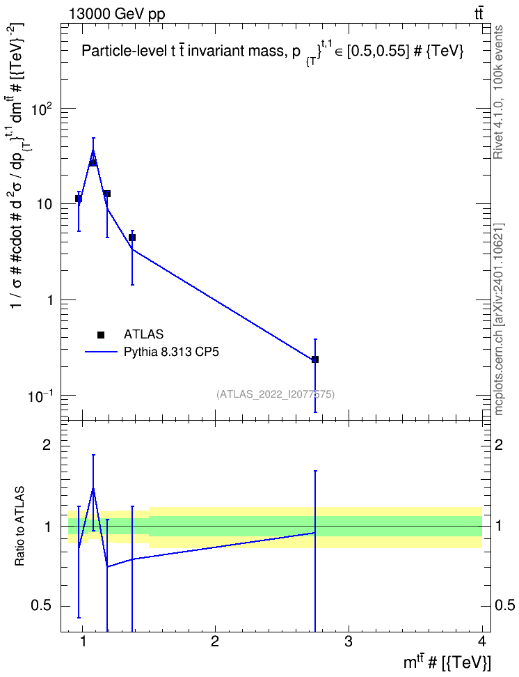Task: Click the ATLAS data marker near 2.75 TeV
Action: coord(315,359)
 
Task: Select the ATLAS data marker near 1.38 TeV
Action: coord(132,238)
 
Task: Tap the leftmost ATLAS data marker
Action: coord(79,199)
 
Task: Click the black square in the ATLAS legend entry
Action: coord(101,334)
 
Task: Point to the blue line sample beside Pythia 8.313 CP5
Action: coord(101,352)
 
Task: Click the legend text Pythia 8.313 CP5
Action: coord(171,352)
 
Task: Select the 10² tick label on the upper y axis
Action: coord(42,109)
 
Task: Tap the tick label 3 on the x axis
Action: coord(348,641)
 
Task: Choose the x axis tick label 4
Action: coord(482,641)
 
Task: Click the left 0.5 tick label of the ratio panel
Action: coord(41,606)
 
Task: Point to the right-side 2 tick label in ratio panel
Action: coord(499,445)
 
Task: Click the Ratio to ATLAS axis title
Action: coord(19,527)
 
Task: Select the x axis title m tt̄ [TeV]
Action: coord(447,663)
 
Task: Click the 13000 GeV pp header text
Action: coord(117,14)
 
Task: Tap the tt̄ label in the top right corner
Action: coord(479,13)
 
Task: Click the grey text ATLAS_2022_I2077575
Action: coord(276,394)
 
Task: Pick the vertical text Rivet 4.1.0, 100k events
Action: coord(498,92)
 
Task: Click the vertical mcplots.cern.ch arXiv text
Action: coord(498,319)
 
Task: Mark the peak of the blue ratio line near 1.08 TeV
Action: coord(93,488)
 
